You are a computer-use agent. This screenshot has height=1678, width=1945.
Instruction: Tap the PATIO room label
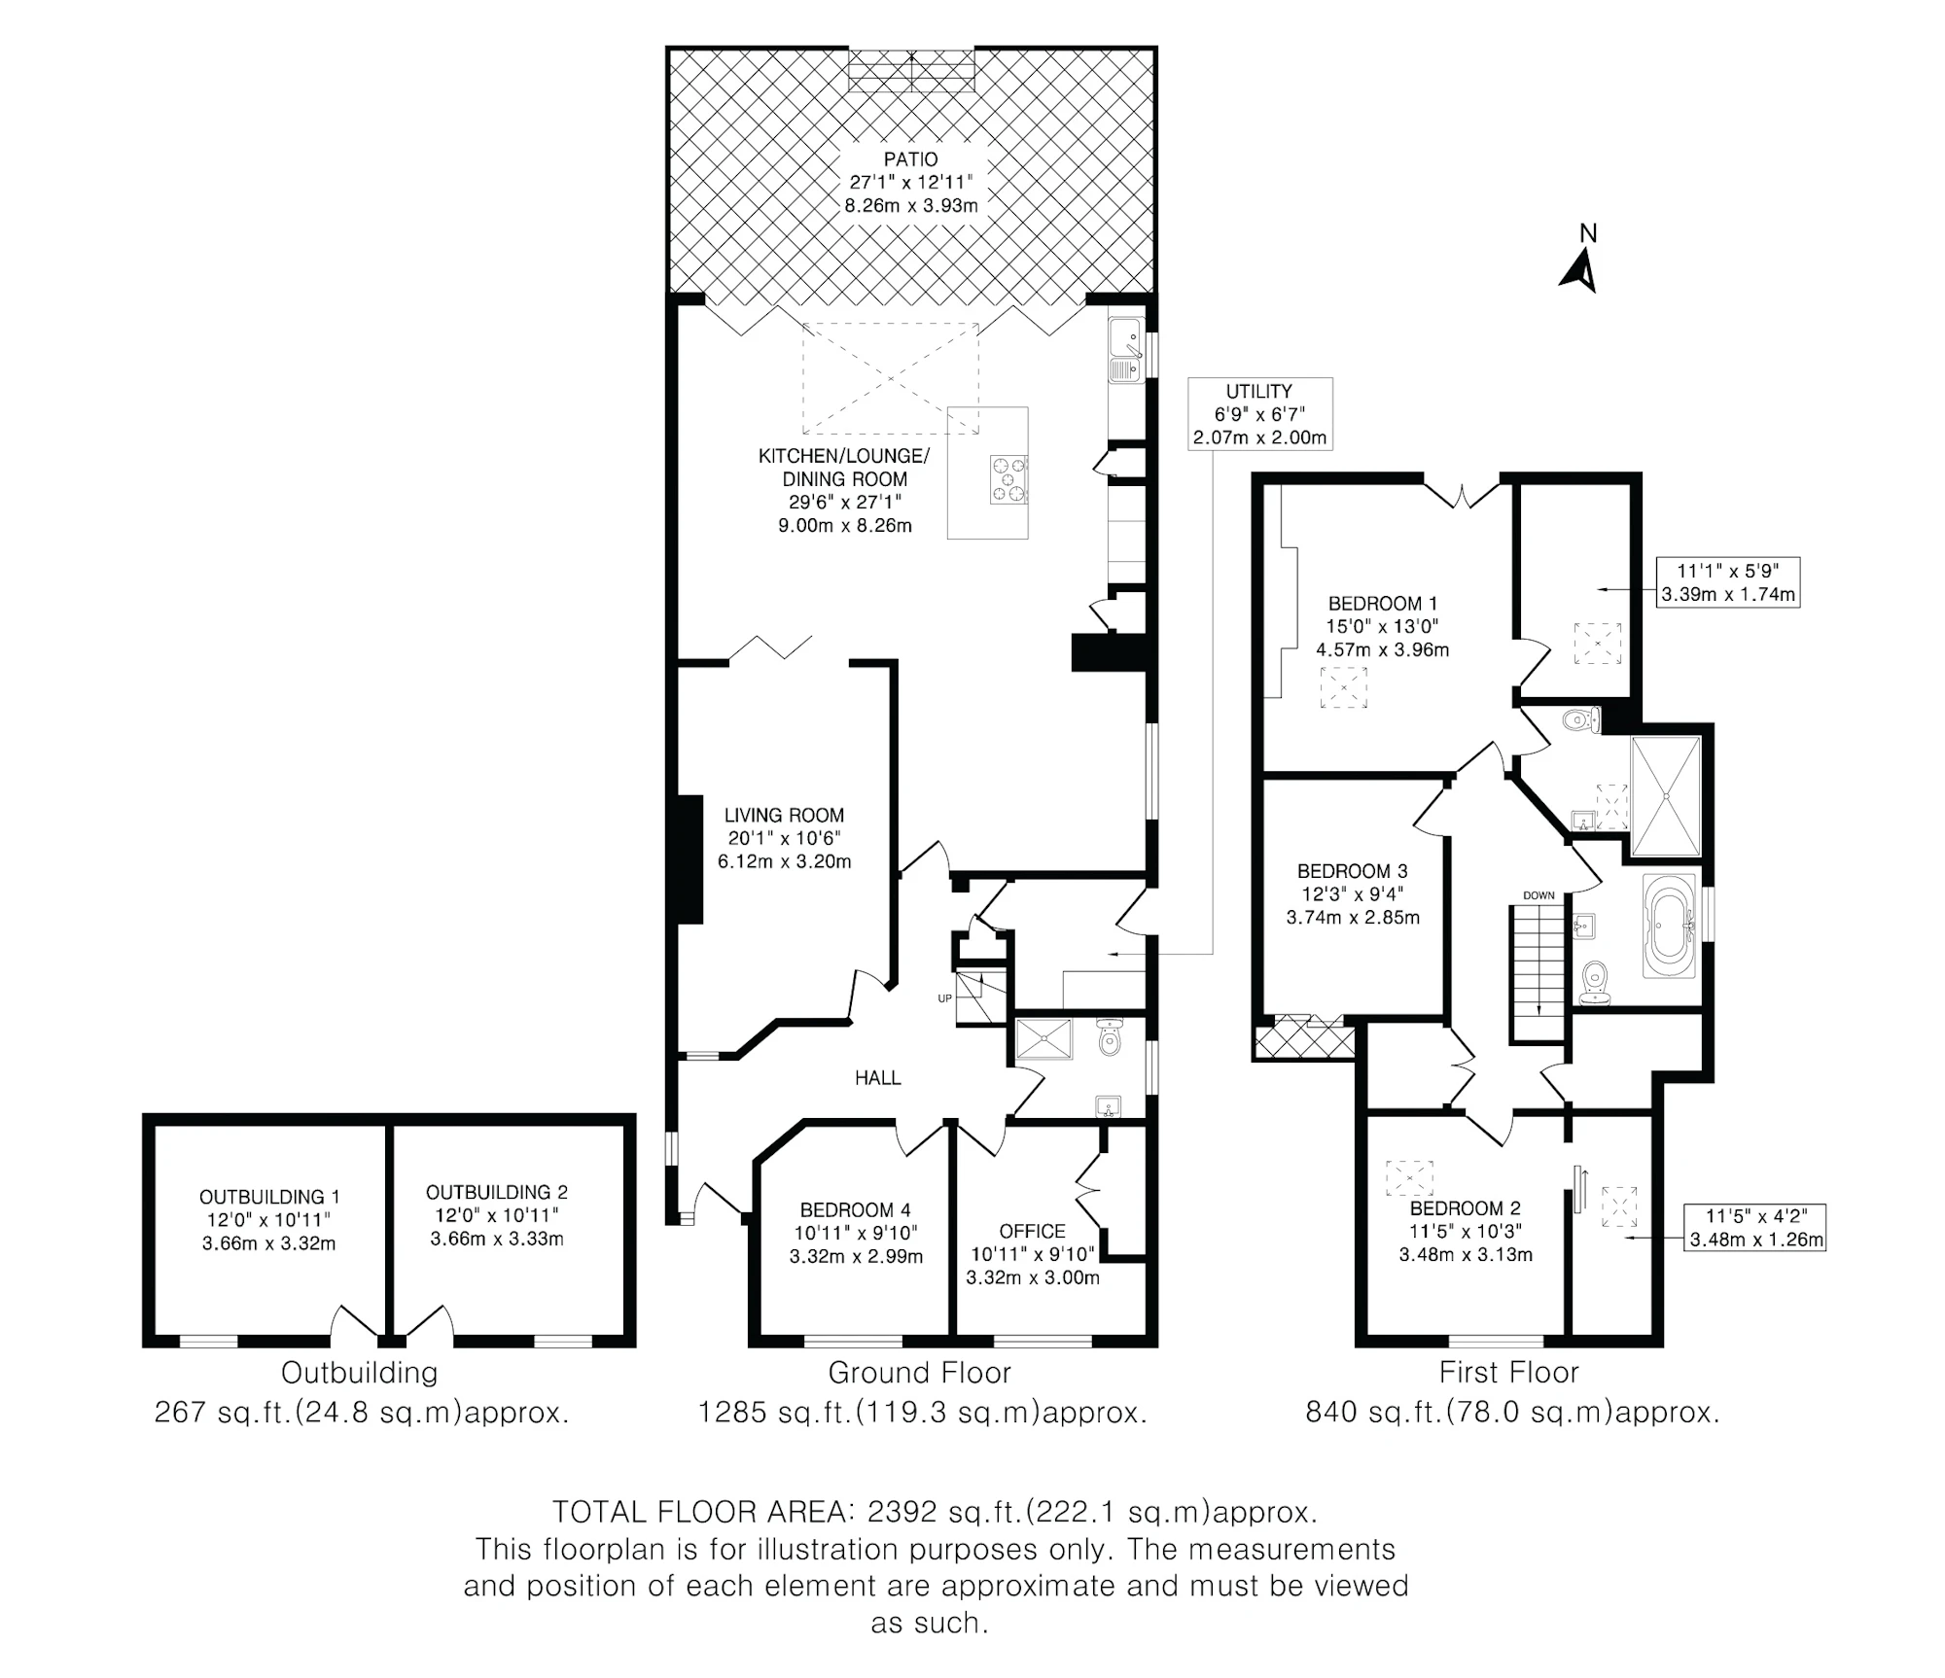point(911,159)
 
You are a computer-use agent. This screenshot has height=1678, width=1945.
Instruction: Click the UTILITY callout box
point(1259,414)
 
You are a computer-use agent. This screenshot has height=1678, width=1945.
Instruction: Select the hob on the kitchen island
point(1008,479)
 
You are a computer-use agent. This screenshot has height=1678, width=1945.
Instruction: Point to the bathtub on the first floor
point(1669,925)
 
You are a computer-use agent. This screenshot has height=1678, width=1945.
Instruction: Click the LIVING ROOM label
point(784,816)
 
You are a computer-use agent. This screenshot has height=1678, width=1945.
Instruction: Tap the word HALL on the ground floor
point(877,1077)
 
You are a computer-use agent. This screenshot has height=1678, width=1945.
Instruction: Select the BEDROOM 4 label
point(855,1210)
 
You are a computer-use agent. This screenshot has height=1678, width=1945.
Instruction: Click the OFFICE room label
point(1032,1232)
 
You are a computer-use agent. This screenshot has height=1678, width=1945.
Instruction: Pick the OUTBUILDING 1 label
point(269,1198)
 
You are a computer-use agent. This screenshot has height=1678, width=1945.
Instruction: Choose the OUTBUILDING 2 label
point(496,1192)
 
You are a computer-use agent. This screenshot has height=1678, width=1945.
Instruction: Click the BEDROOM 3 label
point(1352,871)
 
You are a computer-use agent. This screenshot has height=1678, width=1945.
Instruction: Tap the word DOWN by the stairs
point(1538,895)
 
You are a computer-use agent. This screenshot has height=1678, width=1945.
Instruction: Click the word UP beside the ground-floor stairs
point(944,998)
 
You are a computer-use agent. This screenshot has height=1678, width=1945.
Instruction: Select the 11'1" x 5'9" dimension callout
point(1728,582)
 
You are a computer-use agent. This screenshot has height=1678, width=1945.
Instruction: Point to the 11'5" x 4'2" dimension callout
point(1755,1228)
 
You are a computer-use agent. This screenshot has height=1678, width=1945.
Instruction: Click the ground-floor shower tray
point(1043,1039)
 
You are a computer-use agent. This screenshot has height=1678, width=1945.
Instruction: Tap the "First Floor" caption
point(1508,1373)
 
